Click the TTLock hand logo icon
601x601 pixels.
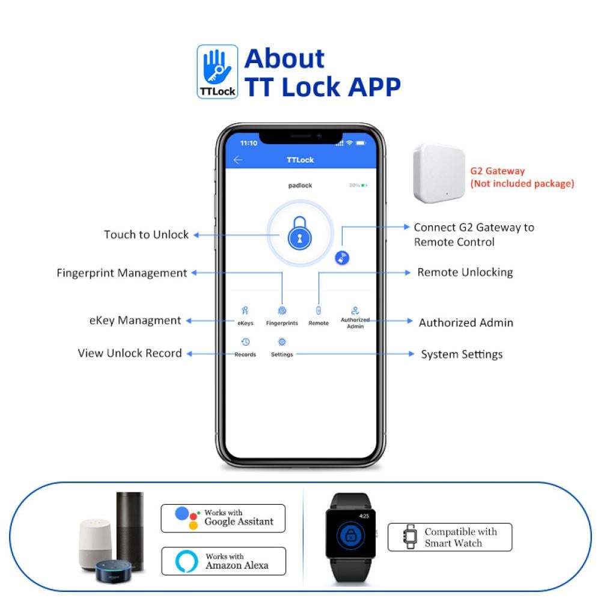[x=218, y=72]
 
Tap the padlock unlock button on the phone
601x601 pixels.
[x=300, y=233]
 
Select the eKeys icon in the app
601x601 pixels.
[x=245, y=311]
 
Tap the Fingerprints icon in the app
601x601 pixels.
[x=282, y=311]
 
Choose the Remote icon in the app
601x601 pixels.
[x=318, y=311]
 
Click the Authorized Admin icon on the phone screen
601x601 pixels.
[x=355, y=311]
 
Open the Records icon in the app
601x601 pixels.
[x=245, y=342]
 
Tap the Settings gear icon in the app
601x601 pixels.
[x=282, y=342]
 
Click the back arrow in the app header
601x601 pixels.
[x=238, y=160]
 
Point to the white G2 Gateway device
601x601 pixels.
[x=439, y=173]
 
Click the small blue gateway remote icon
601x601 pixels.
[x=342, y=258]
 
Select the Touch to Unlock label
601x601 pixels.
[x=147, y=234]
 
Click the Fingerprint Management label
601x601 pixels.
[x=122, y=273]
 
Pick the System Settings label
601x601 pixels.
[x=462, y=355]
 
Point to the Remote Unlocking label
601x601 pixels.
[x=465, y=272]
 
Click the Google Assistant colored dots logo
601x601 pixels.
[x=188, y=518]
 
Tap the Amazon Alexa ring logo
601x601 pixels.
[x=187, y=561]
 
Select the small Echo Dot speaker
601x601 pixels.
[x=114, y=572]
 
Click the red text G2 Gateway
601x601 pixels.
[x=498, y=171]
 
